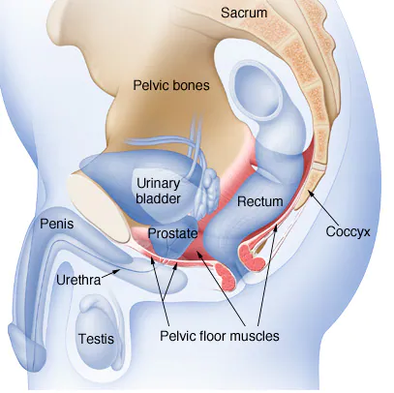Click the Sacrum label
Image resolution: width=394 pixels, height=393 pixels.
tap(244, 13)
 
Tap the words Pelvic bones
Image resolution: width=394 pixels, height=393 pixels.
tap(171, 85)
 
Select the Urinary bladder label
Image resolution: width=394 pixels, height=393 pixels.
tap(158, 191)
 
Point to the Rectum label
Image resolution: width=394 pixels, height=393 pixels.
tap(259, 201)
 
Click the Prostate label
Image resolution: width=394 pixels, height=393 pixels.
tap(172, 233)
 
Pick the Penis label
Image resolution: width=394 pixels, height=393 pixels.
tap(57, 224)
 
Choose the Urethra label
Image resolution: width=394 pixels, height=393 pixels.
tap(78, 280)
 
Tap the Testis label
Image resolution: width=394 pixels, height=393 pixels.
tap(96, 339)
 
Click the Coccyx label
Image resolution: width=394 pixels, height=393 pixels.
tap(348, 231)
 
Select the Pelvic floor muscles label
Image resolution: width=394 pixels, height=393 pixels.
tap(220, 336)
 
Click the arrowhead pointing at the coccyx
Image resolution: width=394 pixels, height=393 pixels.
tap(310, 193)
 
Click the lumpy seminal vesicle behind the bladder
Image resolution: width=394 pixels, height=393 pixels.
tap(207, 193)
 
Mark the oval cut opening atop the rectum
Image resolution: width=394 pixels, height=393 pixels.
tap(258, 91)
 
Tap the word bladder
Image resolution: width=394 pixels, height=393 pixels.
tap(158, 198)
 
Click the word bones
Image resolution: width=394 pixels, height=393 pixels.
tap(192, 85)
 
